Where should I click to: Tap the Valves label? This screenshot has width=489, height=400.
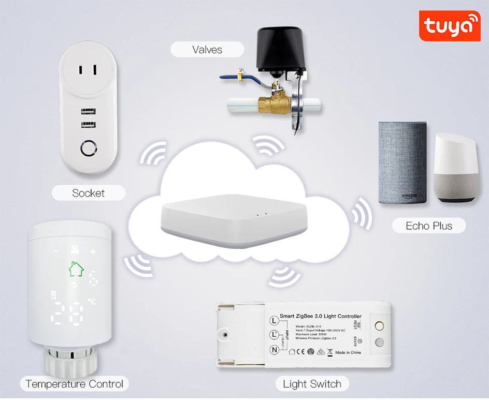point(207,50)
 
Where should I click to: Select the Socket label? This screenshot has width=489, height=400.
point(89,193)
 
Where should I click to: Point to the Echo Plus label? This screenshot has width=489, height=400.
point(429,226)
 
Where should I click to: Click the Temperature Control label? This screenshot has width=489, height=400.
point(75,384)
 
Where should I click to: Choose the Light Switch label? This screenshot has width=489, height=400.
point(312,384)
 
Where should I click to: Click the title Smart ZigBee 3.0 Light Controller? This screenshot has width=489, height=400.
point(321,316)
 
